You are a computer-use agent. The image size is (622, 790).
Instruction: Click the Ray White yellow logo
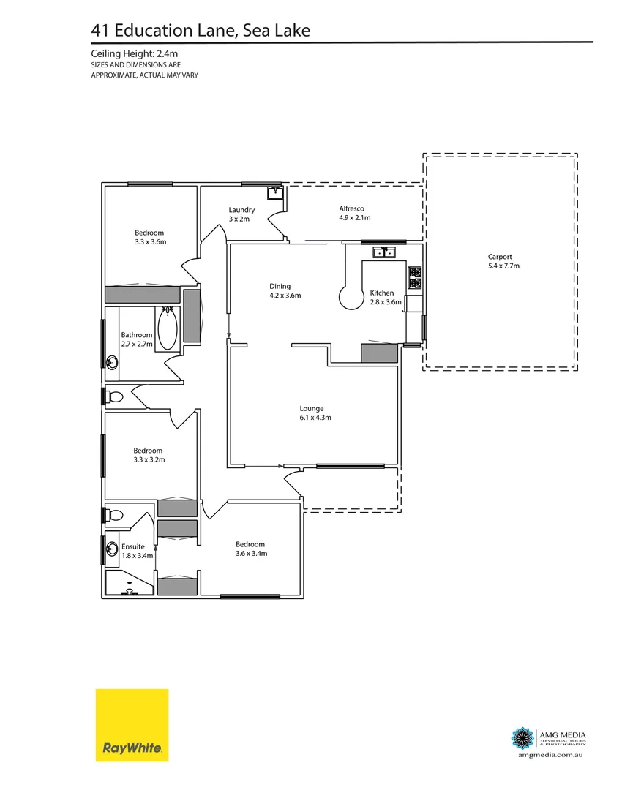pyautogui.click(x=132, y=725)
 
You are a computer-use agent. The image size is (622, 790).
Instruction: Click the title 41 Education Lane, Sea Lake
pyautogui.click(x=201, y=30)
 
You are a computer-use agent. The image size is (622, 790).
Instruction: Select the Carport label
pyautogui.click(x=500, y=257)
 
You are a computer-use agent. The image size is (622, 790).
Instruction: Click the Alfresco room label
pyautogui.click(x=351, y=208)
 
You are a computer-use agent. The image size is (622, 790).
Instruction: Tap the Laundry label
pyautogui.click(x=241, y=210)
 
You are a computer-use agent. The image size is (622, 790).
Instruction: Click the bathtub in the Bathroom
pyautogui.click(x=167, y=328)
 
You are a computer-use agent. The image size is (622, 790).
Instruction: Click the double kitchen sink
pyautogui.click(x=384, y=253)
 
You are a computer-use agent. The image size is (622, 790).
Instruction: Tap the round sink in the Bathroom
pyautogui.click(x=112, y=361)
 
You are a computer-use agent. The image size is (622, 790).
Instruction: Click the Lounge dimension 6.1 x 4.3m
pyautogui.click(x=315, y=418)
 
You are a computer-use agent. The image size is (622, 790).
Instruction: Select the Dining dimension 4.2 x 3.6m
pyautogui.click(x=285, y=296)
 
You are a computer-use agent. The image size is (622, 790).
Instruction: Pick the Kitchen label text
pyautogui.click(x=382, y=293)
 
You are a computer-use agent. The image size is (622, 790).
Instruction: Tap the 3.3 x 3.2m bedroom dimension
pyautogui.click(x=149, y=460)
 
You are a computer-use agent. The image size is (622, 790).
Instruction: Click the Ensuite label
pyautogui.click(x=133, y=546)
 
